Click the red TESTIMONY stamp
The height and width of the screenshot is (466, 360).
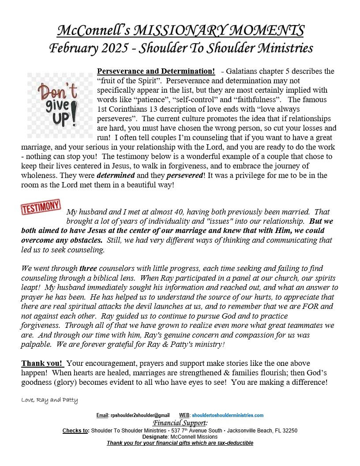pos(41,207)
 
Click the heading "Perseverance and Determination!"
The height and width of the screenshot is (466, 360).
pos(156,71)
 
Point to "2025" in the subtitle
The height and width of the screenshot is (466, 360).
pos(115,48)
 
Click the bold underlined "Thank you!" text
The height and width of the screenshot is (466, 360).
pos(42,363)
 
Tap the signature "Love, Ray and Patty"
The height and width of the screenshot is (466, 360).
pos(49,400)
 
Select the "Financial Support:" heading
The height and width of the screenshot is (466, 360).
pos(180,423)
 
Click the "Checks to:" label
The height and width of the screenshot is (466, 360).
pos(76,430)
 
